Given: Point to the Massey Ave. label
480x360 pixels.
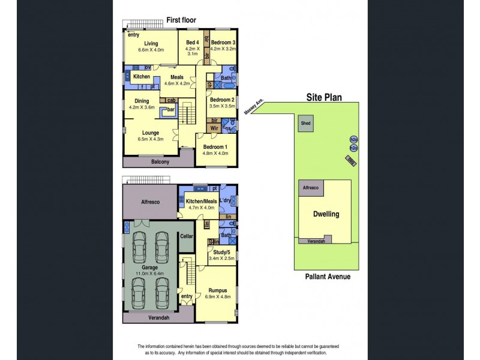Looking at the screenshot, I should click(251, 109).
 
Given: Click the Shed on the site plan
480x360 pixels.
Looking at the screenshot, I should click(305, 124).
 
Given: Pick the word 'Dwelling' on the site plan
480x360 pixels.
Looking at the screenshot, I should click(326, 214).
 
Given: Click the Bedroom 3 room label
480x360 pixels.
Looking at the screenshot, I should click(222, 43).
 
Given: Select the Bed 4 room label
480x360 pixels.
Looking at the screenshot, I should click(192, 42).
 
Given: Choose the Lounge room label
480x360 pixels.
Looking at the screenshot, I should click(151, 133).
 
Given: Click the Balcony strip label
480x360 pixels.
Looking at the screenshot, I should click(159, 162).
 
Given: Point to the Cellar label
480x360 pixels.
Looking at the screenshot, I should click(187, 237).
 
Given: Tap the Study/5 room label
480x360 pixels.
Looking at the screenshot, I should click(219, 253).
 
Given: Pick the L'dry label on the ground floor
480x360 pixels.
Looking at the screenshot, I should click(226, 200).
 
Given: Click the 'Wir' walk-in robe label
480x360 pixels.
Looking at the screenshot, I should click(214, 128).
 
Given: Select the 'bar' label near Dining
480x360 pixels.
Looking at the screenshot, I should click(170, 110).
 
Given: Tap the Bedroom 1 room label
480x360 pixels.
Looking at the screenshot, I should click(215, 146).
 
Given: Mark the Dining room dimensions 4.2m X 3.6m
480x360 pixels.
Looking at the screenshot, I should click(142, 107).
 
